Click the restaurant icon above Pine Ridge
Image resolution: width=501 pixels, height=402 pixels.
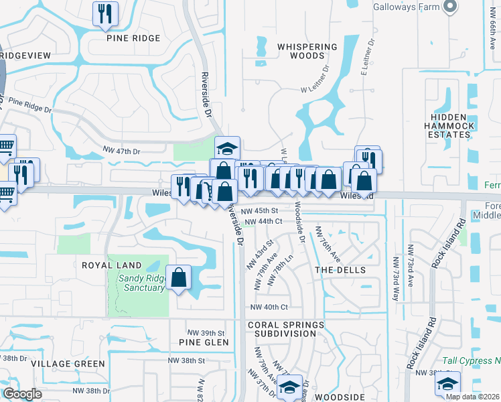click(x=105, y=14)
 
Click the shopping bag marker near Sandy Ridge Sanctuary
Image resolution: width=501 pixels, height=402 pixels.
click(x=179, y=278)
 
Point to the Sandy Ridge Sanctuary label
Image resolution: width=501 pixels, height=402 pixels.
click(x=141, y=283)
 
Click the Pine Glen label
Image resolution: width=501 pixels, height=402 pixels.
click(x=204, y=342)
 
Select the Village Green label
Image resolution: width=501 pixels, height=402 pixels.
click(x=68, y=364)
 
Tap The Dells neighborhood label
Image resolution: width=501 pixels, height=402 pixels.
click(x=340, y=270)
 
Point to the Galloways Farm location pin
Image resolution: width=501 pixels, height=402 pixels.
click(x=450, y=7)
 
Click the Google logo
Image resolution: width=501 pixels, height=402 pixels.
click(x=21, y=393)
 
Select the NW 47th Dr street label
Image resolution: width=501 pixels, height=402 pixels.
click(x=121, y=151)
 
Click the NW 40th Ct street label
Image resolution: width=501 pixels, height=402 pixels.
click(x=269, y=308)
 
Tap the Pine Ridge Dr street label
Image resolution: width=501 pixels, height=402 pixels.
click(x=30, y=105)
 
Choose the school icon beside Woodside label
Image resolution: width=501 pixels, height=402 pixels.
click(x=289, y=388)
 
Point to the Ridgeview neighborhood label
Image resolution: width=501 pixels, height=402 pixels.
click(x=25, y=56)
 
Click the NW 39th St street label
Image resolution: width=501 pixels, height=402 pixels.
click(x=206, y=333)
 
